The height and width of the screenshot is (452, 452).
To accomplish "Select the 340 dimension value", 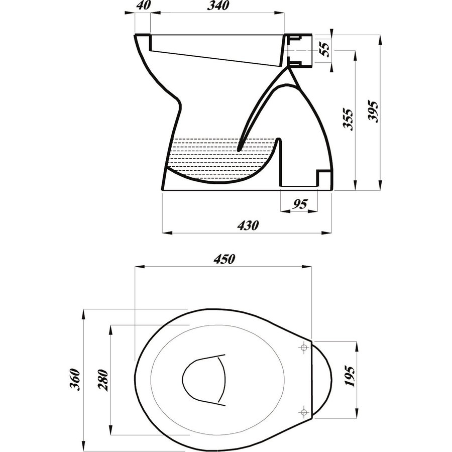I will tap(217, 6).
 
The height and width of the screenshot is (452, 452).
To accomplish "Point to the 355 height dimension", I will tap(349, 119).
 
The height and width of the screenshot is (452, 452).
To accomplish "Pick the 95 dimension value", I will tap(300, 204).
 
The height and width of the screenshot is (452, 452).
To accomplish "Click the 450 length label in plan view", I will tap(224, 259).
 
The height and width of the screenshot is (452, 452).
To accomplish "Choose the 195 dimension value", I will tap(350, 376).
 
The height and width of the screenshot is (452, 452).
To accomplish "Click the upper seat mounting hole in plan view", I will tap(304, 348).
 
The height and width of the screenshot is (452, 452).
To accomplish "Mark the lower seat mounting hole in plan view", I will tap(303, 412).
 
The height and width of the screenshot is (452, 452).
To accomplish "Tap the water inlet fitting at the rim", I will tap(300, 50).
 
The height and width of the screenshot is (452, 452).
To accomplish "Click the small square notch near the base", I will tap(322, 177).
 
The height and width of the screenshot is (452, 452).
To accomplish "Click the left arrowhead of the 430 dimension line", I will tap(165, 233).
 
